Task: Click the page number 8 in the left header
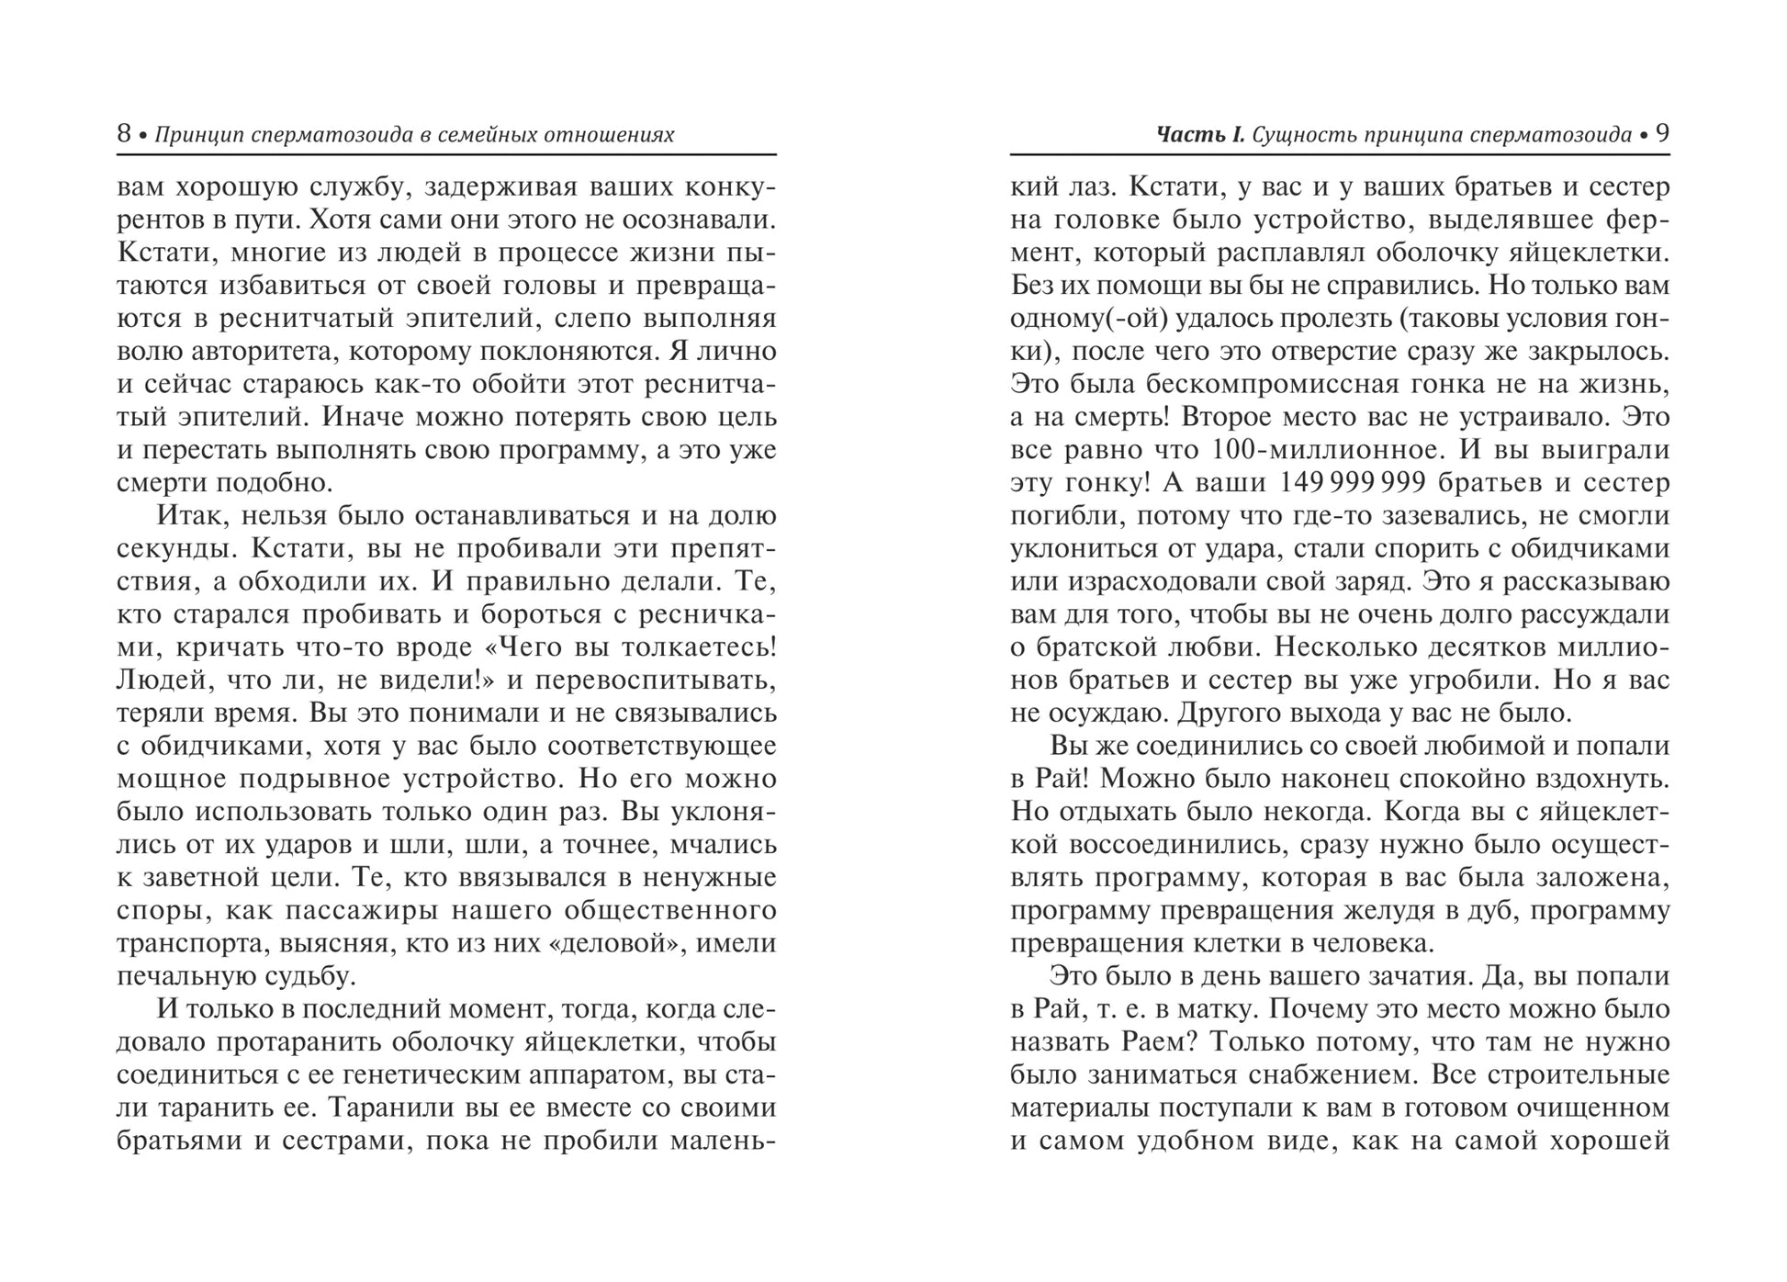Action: coord(124,134)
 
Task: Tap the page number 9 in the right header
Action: coord(1661,134)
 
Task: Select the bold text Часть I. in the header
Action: coord(1200,135)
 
